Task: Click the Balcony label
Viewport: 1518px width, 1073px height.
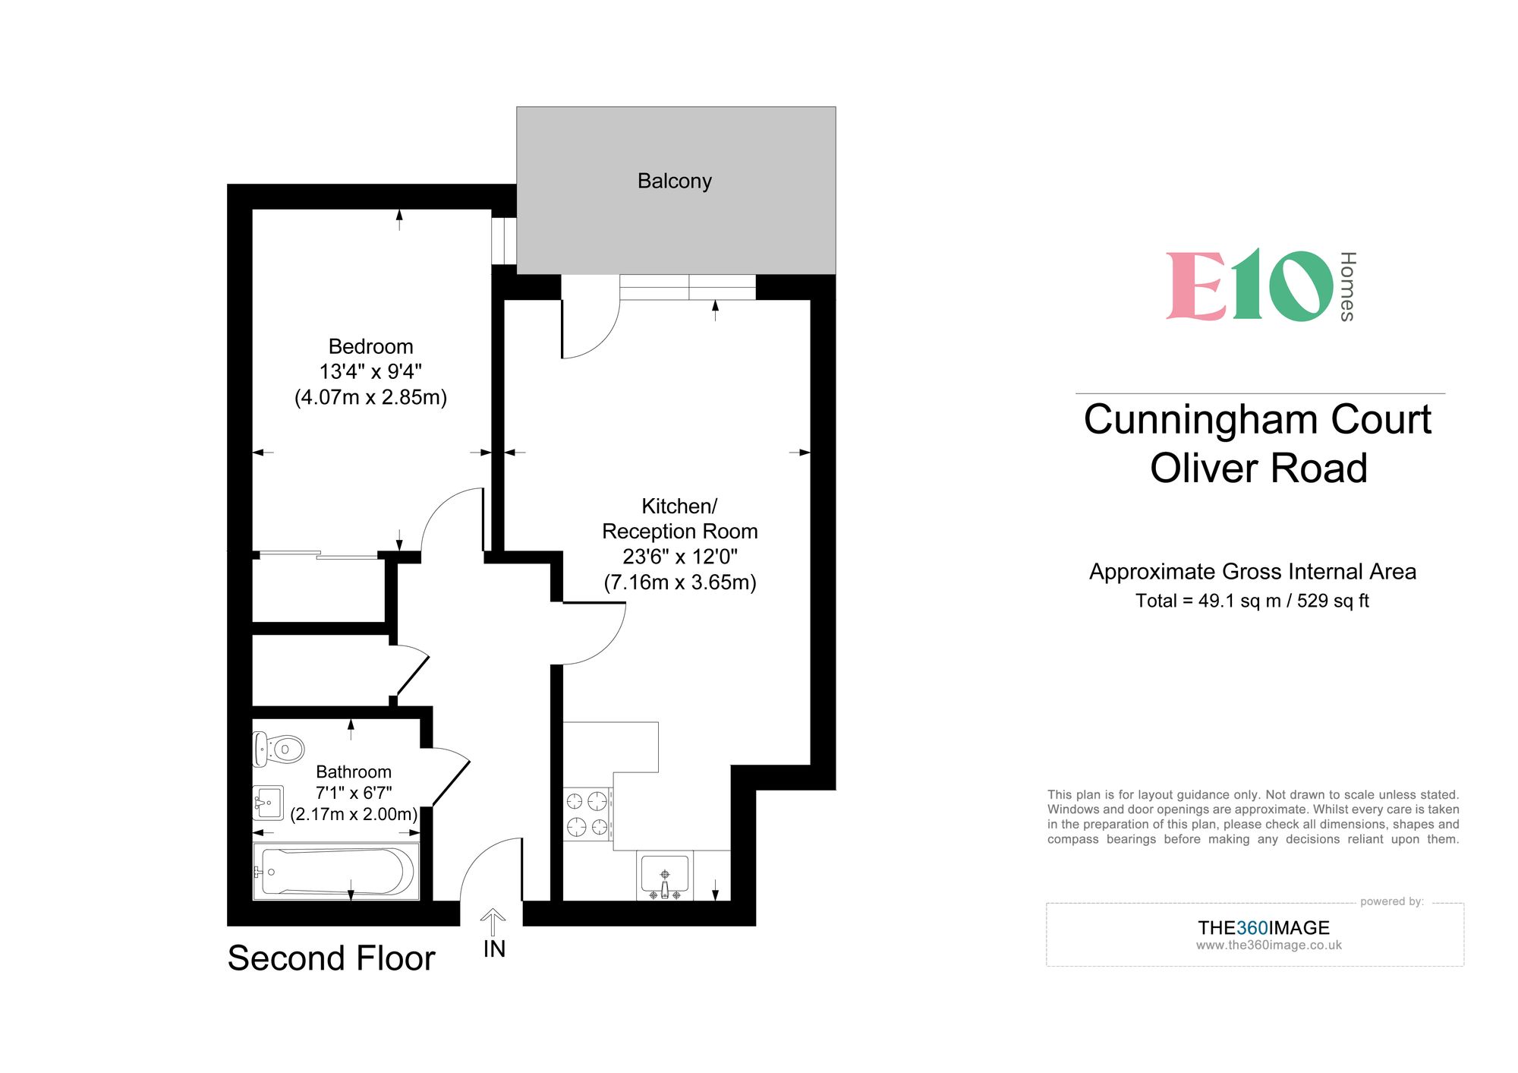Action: tap(674, 181)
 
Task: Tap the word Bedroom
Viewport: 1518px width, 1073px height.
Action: tap(370, 346)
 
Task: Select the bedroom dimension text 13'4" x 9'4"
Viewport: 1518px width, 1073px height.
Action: tap(370, 371)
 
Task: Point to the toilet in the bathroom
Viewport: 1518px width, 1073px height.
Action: tap(279, 749)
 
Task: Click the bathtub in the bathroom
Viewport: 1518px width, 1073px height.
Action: tap(336, 871)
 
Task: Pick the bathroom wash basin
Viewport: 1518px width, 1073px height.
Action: tap(268, 802)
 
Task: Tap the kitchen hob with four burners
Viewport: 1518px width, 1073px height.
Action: tap(587, 813)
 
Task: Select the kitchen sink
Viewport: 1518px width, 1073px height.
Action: tap(665, 874)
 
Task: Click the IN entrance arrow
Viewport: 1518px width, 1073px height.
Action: tap(493, 922)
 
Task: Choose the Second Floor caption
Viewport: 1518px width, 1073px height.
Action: tap(331, 958)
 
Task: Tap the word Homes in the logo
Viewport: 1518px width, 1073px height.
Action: tap(1347, 286)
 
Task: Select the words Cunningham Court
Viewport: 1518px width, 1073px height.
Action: tap(1257, 419)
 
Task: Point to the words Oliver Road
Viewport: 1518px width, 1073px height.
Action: tap(1258, 468)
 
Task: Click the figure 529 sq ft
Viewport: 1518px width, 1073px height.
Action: tap(1333, 601)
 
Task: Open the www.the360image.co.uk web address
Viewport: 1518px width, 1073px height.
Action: tap(1268, 945)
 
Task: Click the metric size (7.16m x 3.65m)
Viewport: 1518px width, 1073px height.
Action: tap(680, 582)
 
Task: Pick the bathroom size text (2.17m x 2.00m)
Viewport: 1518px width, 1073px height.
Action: tap(354, 814)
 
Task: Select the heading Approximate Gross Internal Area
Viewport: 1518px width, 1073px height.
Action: tap(1252, 571)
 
